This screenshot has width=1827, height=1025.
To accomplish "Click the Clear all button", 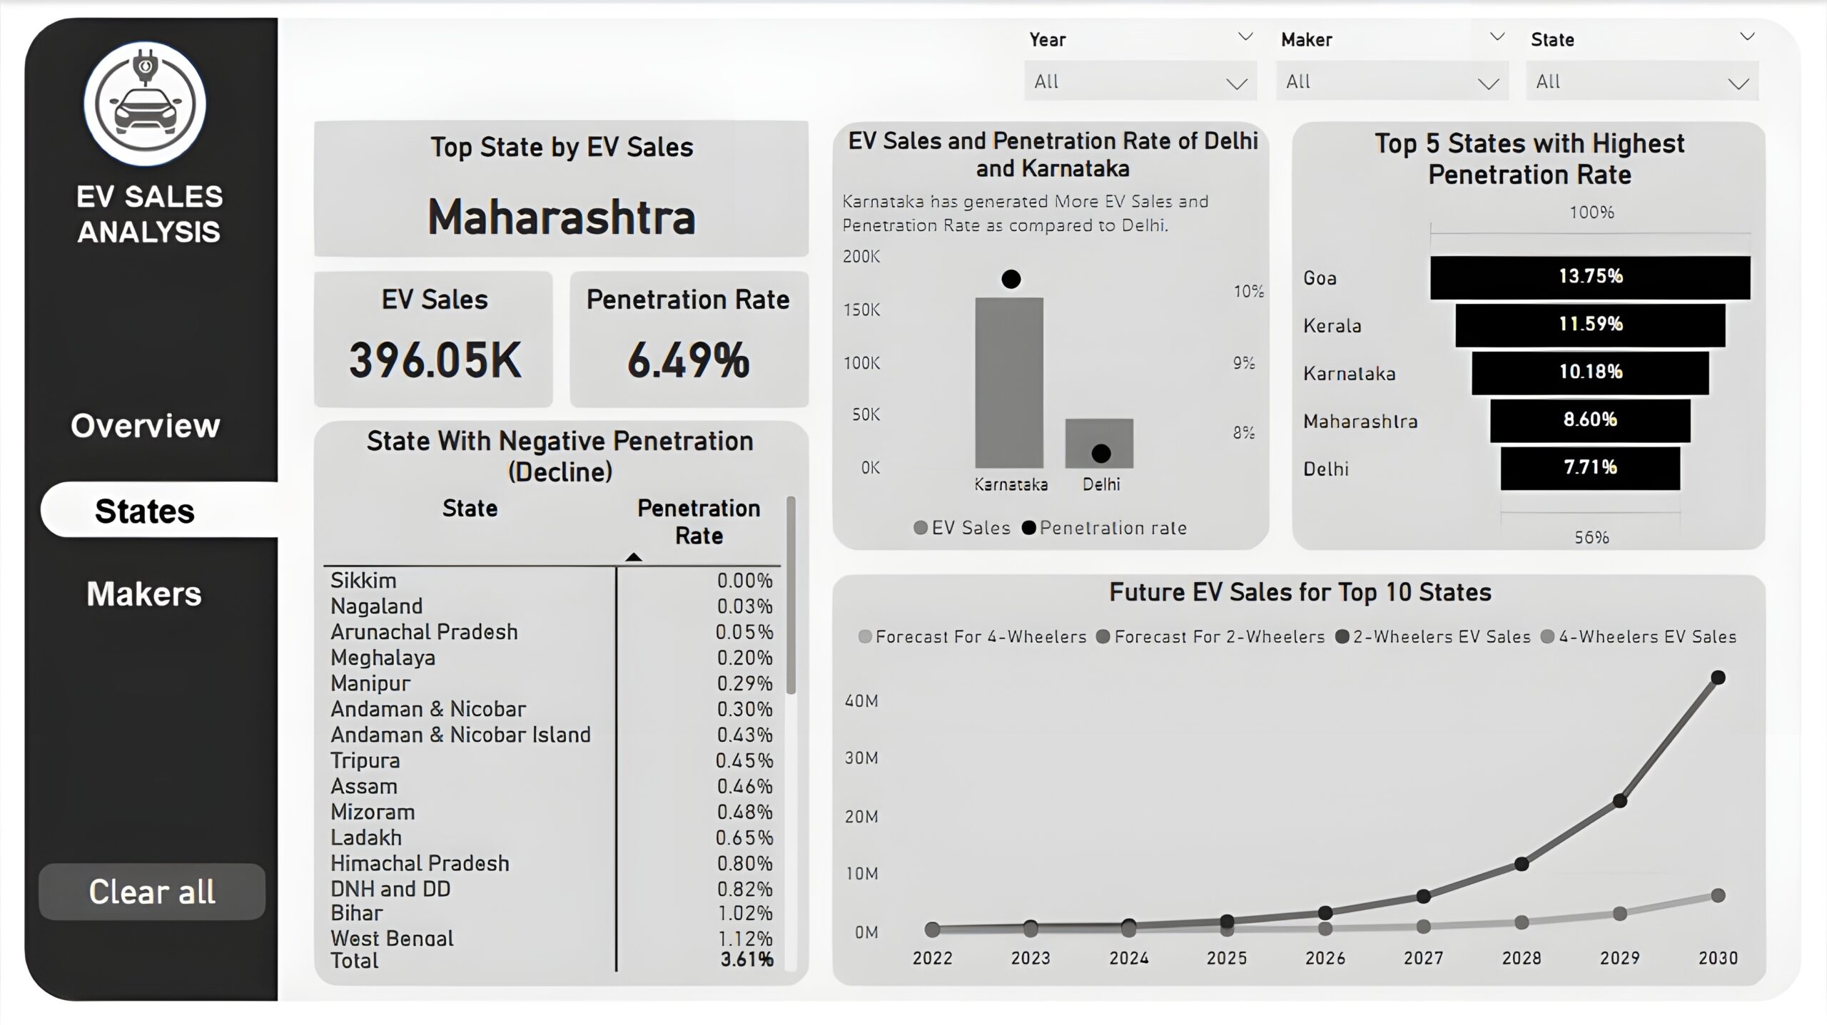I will pyautogui.click(x=152, y=892).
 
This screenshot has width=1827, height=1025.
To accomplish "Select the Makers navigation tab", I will pyautogui.click(x=144, y=594).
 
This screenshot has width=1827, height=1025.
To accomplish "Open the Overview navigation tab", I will pyautogui.click(x=146, y=426).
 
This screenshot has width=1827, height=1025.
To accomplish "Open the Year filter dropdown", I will pyautogui.click(x=1140, y=81).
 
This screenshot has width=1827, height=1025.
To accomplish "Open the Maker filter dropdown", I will pyautogui.click(x=1392, y=81).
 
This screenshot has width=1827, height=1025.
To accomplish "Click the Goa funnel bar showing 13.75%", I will pyautogui.click(x=1590, y=277).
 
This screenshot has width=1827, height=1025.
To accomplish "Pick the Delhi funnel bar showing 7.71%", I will pyautogui.click(x=1590, y=468).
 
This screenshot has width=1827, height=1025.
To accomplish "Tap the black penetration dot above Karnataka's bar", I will pyautogui.click(x=1011, y=279).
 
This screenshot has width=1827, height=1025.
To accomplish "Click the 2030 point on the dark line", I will pyautogui.click(x=1719, y=678).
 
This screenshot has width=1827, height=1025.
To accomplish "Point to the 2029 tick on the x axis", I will pyautogui.click(x=1619, y=958).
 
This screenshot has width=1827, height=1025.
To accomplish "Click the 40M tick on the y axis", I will pyautogui.click(x=861, y=701).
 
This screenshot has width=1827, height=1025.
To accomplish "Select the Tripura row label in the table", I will pyautogui.click(x=365, y=760).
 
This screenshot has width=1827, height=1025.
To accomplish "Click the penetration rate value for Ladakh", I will pyautogui.click(x=744, y=837).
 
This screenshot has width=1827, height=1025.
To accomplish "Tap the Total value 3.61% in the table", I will pyautogui.click(x=747, y=959).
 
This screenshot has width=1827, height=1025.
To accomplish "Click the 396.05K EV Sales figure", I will pyautogui.click(x=435, y=360).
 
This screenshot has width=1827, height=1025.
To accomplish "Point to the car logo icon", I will pyautogui.click(x=145, y=104).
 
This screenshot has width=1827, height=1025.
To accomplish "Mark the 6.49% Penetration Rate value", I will pyautogui.click(x=689, y=360).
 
